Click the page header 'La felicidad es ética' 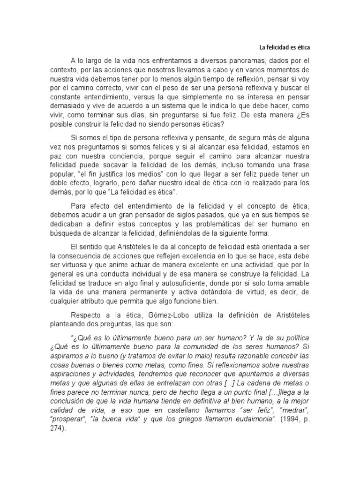tap(285, 47)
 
